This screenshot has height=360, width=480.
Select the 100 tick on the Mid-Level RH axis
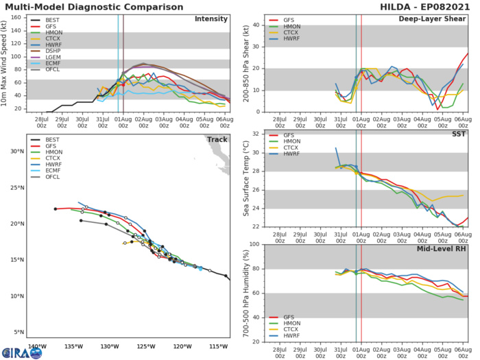pos(250,244)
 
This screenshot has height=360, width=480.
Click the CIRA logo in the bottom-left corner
pos(22,352)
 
